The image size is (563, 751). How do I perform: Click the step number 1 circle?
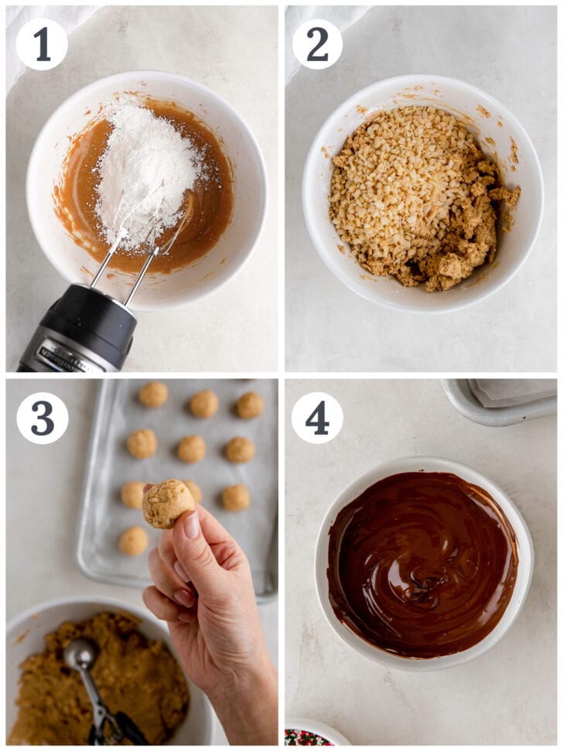[x=42, y=44]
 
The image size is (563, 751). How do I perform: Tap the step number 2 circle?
[x=318, y=44]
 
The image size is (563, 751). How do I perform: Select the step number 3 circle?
[x=43, y=418]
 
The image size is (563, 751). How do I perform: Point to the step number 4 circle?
[x=317, y=418]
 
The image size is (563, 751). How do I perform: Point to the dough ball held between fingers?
[x=167, y=503]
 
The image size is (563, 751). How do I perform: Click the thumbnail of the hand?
[x=191, y=526]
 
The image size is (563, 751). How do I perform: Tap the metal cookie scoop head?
[x=80, y=655]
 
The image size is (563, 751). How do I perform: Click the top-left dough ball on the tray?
[x=153, y=394]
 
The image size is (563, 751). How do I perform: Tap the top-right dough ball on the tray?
[x=249, y=405]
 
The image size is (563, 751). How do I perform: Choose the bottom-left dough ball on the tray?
[x=133, y=541]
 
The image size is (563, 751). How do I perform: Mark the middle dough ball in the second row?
[x=191, y=449]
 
